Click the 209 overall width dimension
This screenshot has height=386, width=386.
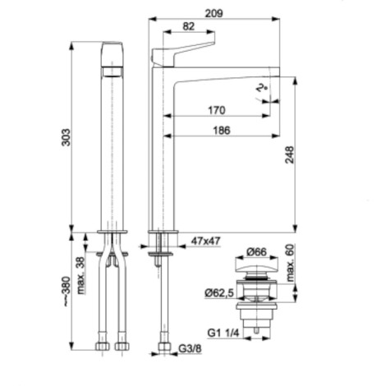pyautogui.click(x=214, y=13)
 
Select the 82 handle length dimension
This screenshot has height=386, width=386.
pyautogui.click(x=188, y=26)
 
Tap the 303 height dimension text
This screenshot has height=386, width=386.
pyautogui.click(x=66, y=137)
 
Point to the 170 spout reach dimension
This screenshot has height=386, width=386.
pyautogui.click(x=217, y=110)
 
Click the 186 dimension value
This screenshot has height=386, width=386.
pyautogui.click(x=222, y=131)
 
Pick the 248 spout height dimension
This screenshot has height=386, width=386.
pyautogui.click(x=289, y=155)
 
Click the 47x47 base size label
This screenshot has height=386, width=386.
pyautogui.click(x=205, y=241)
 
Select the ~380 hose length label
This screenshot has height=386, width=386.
pyautogui.click(x=66, y=292)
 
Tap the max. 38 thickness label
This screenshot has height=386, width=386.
pyautogui.click(x=81, y=275)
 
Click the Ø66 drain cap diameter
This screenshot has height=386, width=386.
pyautogui.click(x=256, y=251)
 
